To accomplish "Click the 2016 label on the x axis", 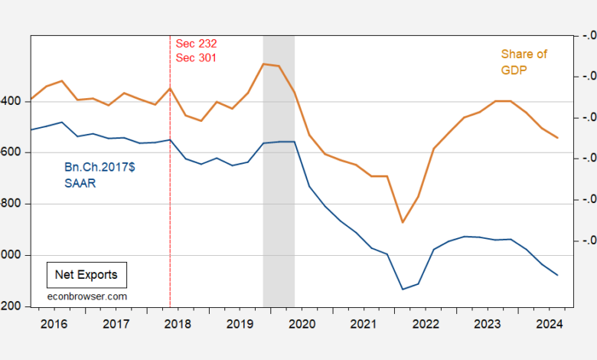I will click(x=53, y=324).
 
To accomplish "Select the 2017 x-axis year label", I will click(x=116, y=324).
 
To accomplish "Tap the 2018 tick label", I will click(x=178, y=324).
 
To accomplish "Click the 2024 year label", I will click(x=550, y=324).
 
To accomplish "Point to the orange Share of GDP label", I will click(x=524, y=61).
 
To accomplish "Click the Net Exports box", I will click(x=86, y=273).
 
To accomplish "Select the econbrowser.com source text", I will click(x=86, y=296).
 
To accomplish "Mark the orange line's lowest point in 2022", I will click(x=403, y=223).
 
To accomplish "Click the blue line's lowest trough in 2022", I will click(x=403, y=290).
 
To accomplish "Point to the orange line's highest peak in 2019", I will click(x=263, y=64).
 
